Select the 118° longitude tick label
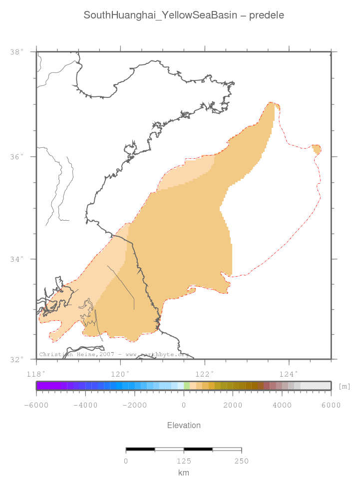click(x=36, y=373)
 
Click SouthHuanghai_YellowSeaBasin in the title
click(x=158, y=15)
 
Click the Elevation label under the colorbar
click(x=184, y=426)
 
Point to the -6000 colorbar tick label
click(x=36, y=405)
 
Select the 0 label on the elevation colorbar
click(x=184, y=405)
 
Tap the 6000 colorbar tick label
click(x=331, y=405)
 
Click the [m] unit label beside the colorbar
click(x=344, y=386)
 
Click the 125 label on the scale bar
click(x=184, y=461)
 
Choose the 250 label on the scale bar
click(x=242, y=461)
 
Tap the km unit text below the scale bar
click(x=184, y=473)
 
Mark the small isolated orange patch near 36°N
click(x=317, y=149)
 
